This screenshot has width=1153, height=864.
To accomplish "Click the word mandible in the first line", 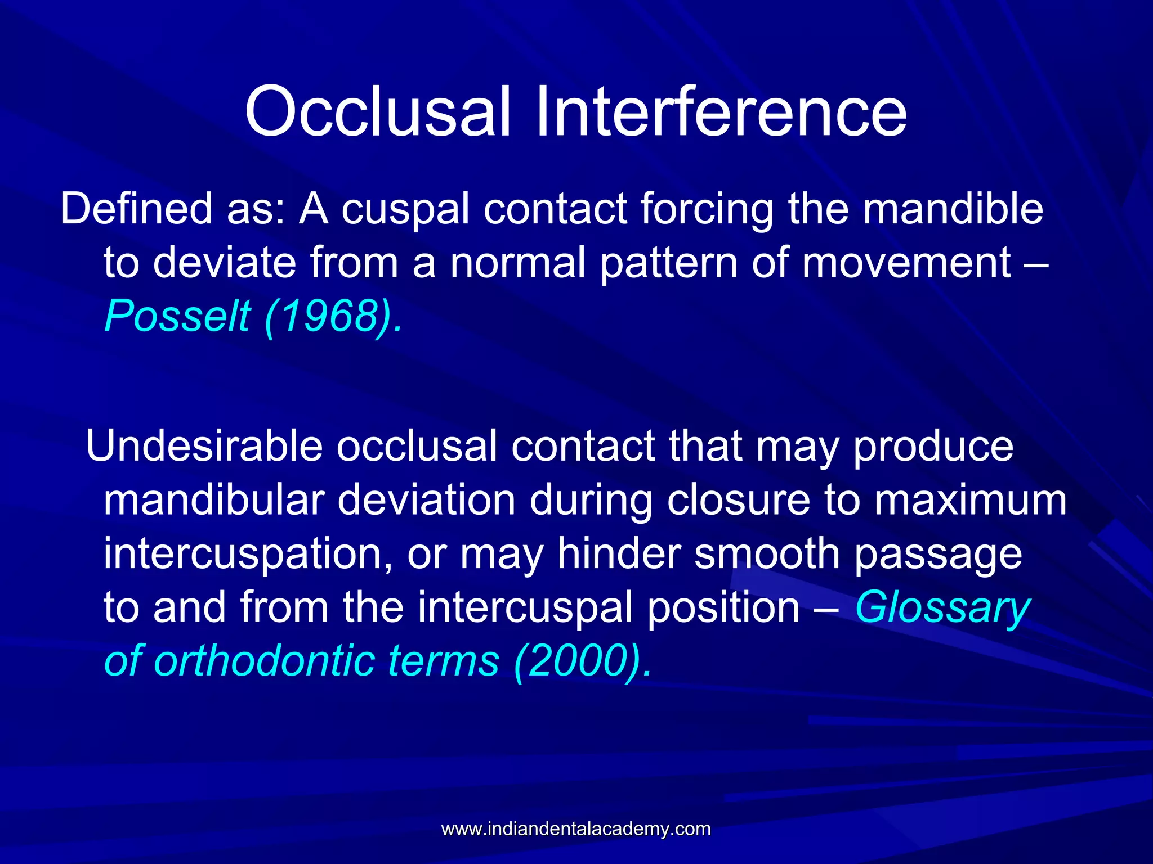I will coord(953,209).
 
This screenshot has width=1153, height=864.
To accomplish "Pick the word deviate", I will coord(224,263).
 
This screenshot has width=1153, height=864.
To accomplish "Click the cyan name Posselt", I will coord(177,316).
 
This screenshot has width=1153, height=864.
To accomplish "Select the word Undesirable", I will coord(204,446).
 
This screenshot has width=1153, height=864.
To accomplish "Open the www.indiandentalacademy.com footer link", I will coord(576,829).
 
